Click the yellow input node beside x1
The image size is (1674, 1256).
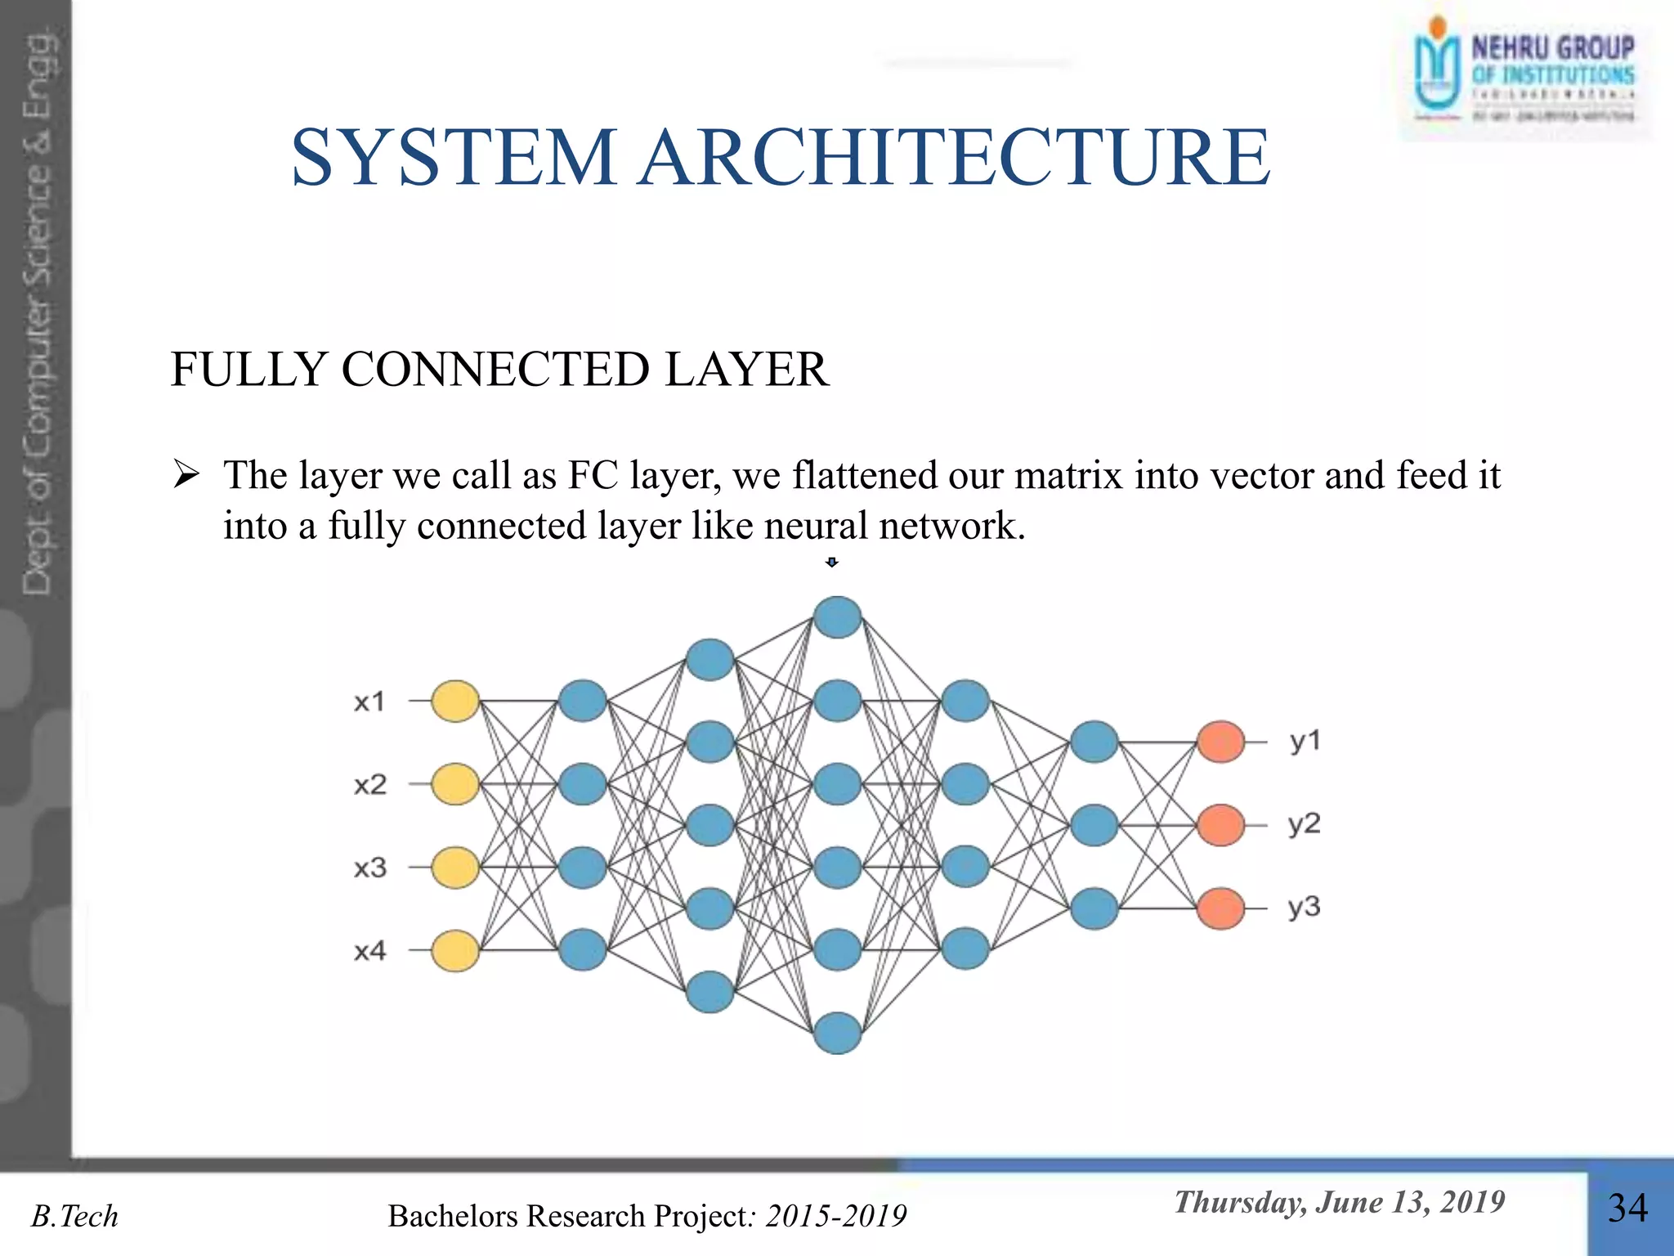tap(454, 702)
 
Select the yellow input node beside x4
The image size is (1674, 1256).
tap(454, 950)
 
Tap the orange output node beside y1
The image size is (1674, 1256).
tap(1220, 742)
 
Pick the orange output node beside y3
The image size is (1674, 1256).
tap(1220, 908)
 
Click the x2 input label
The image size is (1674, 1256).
tap(369, 785)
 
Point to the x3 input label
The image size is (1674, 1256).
tap(369, 868)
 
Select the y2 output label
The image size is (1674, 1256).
tap(1305, 823)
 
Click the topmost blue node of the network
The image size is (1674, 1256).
tap(838, 617)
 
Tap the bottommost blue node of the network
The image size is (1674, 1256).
tap(838, 1033)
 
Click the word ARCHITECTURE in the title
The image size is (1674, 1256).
tap(955, 157)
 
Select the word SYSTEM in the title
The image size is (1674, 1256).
tap(454, 157)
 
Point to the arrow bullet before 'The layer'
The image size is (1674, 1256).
tap(186, 475)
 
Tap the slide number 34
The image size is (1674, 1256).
tap(1627, 1209)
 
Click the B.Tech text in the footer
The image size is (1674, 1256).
tap(74, 1217)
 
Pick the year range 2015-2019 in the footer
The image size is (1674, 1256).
tap(835, 1217)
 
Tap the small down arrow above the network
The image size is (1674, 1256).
tap(832, 563)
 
